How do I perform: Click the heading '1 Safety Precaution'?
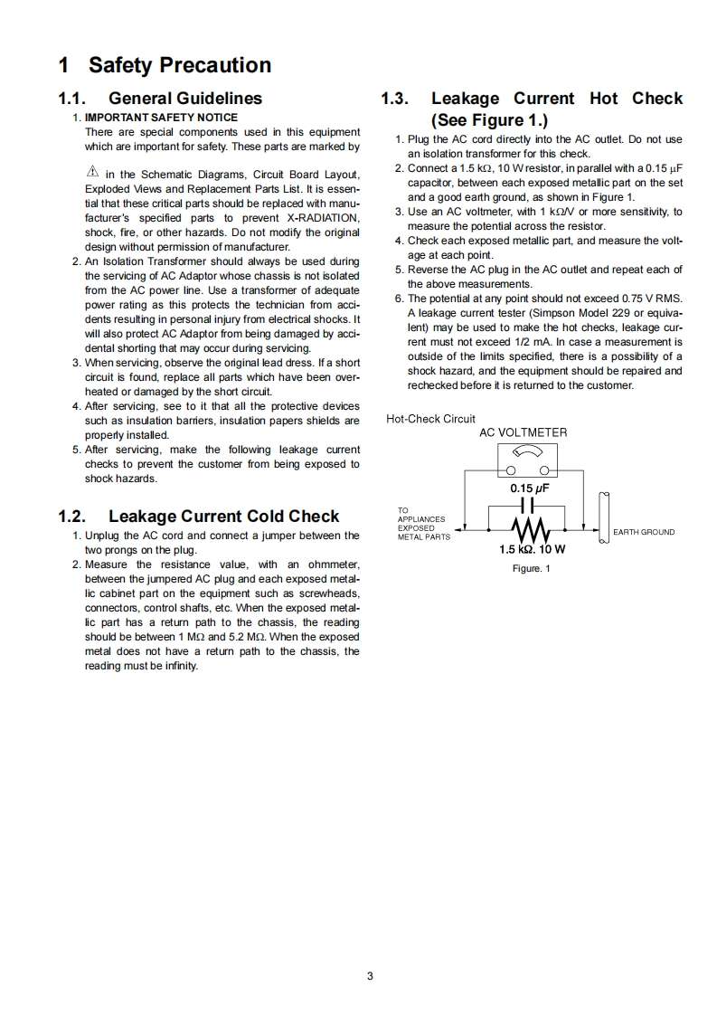(165, 65)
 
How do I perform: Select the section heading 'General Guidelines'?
(185, 99)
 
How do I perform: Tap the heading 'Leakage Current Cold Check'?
(223, 517)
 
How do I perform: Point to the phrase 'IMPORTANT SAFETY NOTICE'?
(161, 118)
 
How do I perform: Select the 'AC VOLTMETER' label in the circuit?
(523, 432)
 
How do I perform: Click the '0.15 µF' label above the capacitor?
(530, 489)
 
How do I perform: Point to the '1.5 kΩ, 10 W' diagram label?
(533, 549)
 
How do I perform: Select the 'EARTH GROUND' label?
(644, 532)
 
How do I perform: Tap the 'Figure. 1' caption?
(532, 568)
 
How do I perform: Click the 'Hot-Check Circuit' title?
(430, 419)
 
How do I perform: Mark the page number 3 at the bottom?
(370, 975)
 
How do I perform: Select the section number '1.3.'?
(397, 99)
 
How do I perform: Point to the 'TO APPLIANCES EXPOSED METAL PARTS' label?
(423, 524)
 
